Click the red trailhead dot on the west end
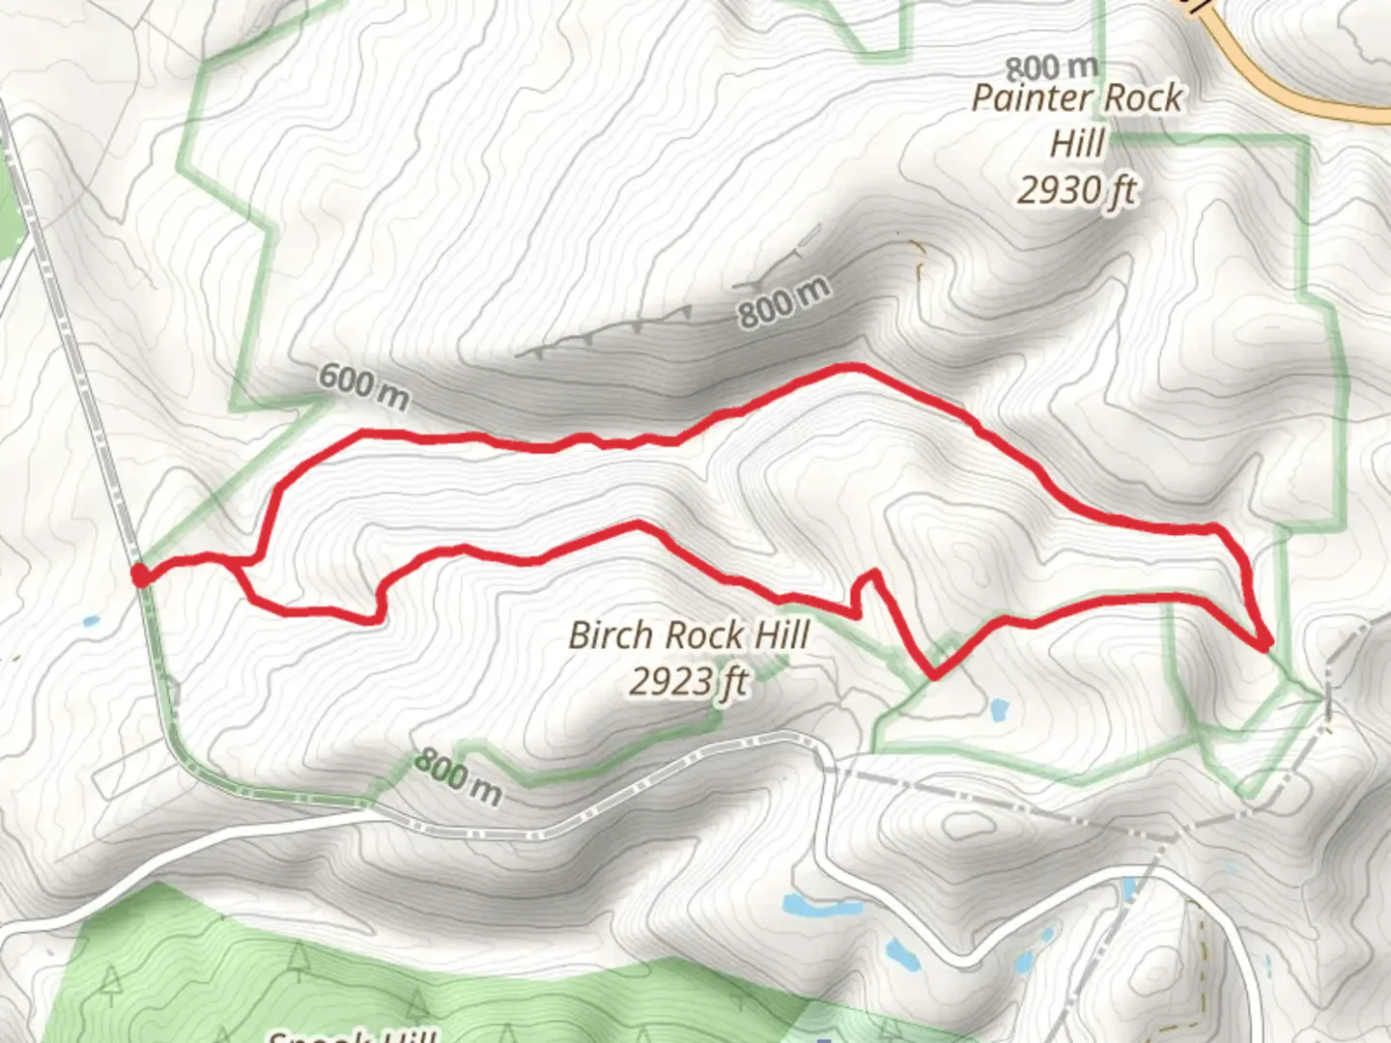coord(140,576)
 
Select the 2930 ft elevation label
coord(1076,190)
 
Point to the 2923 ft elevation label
coord(688,682)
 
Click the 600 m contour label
coord(363,384)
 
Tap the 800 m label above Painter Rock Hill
coord(1051,68)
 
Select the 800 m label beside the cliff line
coord(783,302)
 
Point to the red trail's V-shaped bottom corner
coord(934,675)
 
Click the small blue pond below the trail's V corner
coord(1000,712)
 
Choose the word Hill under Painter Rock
coord(1076,144)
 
